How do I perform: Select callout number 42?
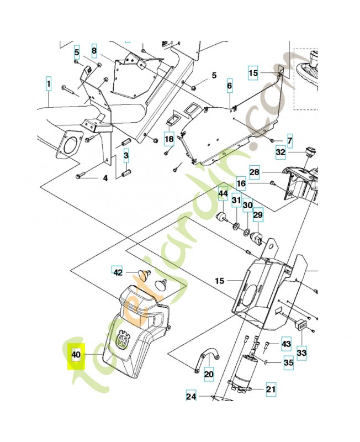pyautogui.click(x=117, y=272)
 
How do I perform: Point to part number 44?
pyautogui.click(x=223, y=194)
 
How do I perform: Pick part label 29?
pyautogui.click(x=258, y=214)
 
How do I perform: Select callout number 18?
pyautogui.click(x=168, y=139)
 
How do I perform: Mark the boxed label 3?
pyautogui.click(x=126, y=156)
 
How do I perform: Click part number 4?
pyautogui.click(x=104, y=178)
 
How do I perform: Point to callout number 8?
pyautogui.click(x=94, y=51)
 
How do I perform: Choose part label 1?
pyautogui.click(x=49, y=84)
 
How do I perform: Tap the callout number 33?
pyautogui.click(x=301, y=351)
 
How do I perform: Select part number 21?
pyautogui.click(x=271, y=389)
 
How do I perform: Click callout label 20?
pyautogui.click(x=208, y=374)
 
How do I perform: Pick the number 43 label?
pyautogui.click(x=286, y=344)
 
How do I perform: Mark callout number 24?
pyautogui.click(x=190, y=396)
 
